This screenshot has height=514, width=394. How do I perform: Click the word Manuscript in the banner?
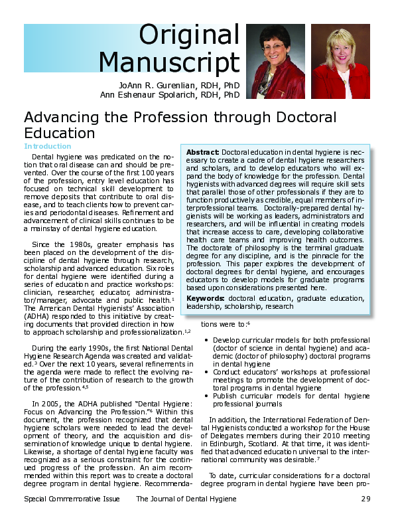pyautogui.click(x=169, y=64)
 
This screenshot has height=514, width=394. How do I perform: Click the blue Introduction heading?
pyautogui.click(x=47, y=146)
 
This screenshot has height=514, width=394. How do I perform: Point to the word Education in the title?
pyautogui.click(x=59, y=133)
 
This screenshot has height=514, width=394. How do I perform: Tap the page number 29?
pyautogui.click(x=365, y=499)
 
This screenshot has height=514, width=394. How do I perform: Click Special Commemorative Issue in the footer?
pyautogui.click(x=72, y=499)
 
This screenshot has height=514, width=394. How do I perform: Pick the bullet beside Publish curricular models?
pyautogui.click(x=207, y=396)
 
